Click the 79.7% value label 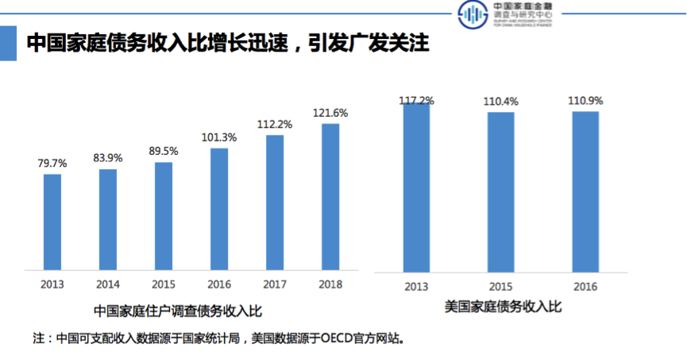pyautogui.click(x=52, y=163)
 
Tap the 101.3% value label pyautogui.click(x=219, y=137)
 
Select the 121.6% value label pyautogui.click(x=330, y=113)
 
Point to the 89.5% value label pyautogui.click(x=164, y=151)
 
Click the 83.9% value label pyautogui.click(x=108, y=158)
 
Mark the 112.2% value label pyautogui.click(x=275, y=124)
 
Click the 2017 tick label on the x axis pyautogui.click(x=275, y=284)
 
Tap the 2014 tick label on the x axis pyautogui.click(x=108, y=284)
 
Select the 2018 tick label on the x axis pyautogui.click(x=330, y=284)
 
